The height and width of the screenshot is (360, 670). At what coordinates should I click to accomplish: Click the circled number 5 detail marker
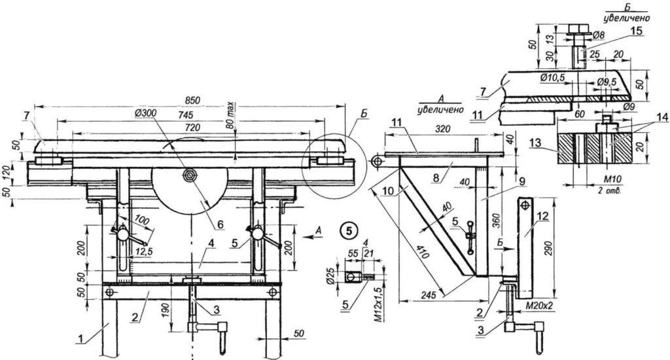[x=351, y=229]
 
